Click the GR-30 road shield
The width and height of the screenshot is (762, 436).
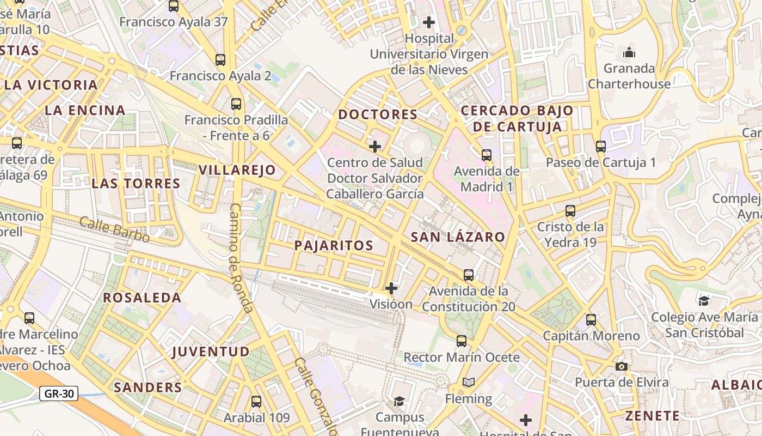pos(59,393)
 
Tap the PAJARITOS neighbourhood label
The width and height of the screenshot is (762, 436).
pos(334,245)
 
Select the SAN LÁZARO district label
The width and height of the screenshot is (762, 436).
pos(458,237)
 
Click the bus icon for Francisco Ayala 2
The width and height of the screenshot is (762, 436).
pos(220,60)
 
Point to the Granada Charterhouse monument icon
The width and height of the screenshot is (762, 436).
pos(629,53)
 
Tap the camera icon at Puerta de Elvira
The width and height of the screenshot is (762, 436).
pos(622,366)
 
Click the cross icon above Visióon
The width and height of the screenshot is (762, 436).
pos(391,288)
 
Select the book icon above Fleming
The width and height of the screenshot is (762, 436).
pos(469,383)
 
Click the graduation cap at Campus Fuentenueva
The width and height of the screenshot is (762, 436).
pos(400,402)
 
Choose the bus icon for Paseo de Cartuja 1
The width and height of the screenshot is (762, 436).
pos(601,147)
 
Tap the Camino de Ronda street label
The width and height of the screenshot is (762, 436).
pos(241,258)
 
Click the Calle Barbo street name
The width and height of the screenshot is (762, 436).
pos(114,229)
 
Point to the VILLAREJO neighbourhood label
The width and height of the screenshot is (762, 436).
pos(237,170)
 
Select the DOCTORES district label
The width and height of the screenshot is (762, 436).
pos(378,114)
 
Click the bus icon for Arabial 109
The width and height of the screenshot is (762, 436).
pos(256,402)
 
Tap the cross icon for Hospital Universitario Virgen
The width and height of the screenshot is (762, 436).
pos(429,22)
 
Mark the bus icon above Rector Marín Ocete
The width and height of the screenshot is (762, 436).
pos(462,342)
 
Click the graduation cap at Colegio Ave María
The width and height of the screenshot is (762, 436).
pos(704,301)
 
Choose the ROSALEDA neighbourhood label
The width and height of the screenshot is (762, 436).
pos(142,298)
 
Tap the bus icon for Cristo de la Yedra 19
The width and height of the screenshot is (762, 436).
pos(570,211)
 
